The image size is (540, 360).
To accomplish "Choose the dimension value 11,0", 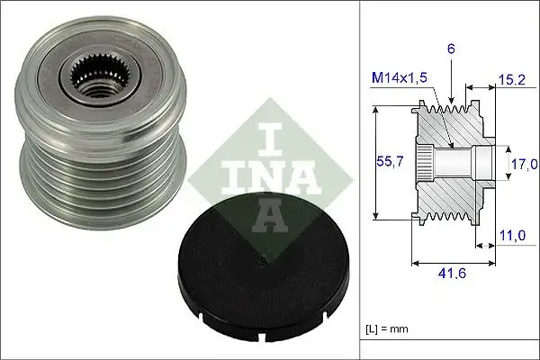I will point(511,236).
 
